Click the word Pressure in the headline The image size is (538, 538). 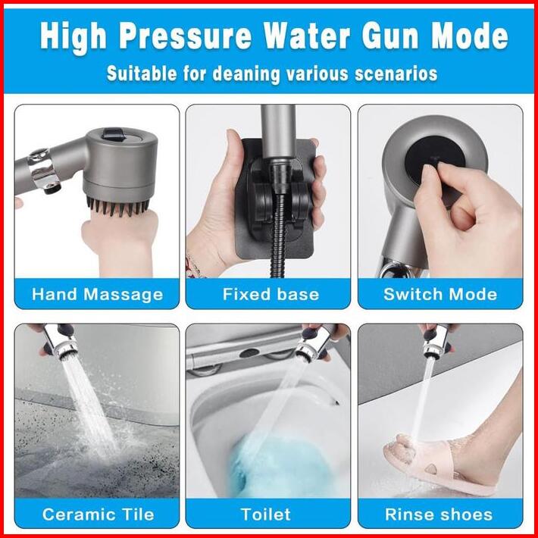pos(186,36)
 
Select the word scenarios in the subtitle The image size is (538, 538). pos(396,74)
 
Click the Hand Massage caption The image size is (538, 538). pos(97,295)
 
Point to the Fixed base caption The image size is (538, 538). pos(271,295)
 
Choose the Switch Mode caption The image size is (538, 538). pos(440,295)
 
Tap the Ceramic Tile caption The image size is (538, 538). pos(98,515)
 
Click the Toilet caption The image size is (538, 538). pos(265,515)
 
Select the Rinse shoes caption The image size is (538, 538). pos(439,515)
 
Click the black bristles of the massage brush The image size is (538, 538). pos(118,206)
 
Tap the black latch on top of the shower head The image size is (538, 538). pos(113,134)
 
